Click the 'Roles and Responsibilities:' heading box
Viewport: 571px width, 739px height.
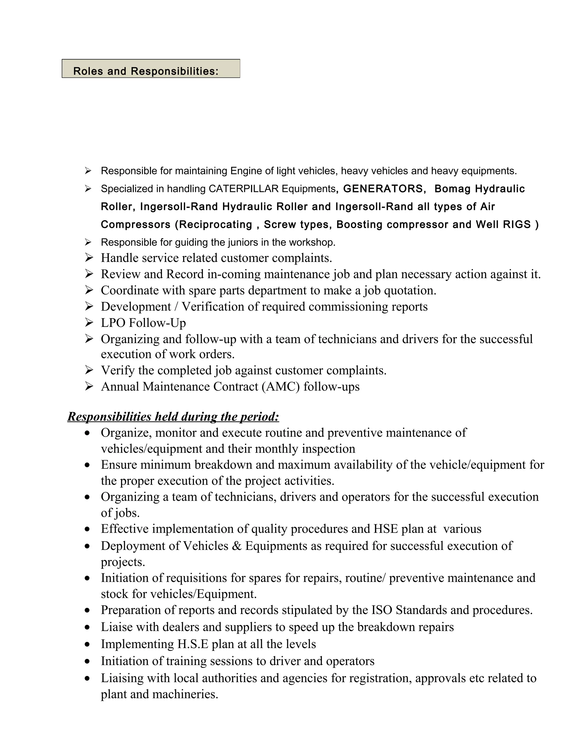[x=151, y=69]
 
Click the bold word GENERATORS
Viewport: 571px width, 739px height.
[x=383, y=189]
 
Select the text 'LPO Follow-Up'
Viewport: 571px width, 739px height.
[x=143, y=323]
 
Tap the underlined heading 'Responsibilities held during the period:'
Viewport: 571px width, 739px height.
[x=173, y=417]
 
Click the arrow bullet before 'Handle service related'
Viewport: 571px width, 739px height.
[x=89, y=258]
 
